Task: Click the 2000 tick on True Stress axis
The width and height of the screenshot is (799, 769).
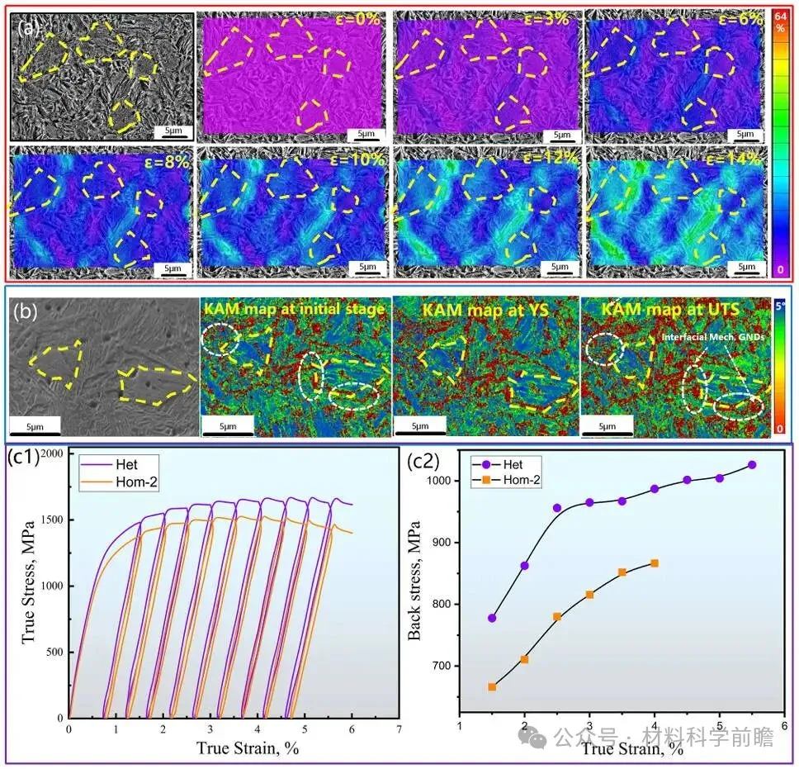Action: [50, 454]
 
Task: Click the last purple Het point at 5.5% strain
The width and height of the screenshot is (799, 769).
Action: [752, 465]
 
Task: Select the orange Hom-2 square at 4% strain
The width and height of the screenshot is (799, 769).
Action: [654, 563]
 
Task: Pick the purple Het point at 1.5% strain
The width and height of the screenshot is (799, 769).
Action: [492, 618]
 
